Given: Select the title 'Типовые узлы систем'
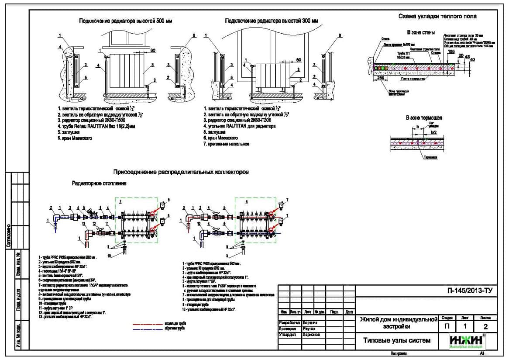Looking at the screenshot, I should [x=397, y=340].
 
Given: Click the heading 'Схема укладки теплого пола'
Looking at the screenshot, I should [x=437, y=16].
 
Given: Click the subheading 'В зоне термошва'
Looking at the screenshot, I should [x=424, y=118].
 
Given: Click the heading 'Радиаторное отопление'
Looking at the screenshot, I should [x=99, y=183].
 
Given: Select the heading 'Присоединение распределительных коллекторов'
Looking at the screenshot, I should [x=181, y=172].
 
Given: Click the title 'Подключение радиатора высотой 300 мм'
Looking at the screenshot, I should [x=272, y=21].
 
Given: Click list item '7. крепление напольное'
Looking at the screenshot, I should [x=227, y=144].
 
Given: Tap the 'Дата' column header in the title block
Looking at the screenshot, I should [x=348, y=312].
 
